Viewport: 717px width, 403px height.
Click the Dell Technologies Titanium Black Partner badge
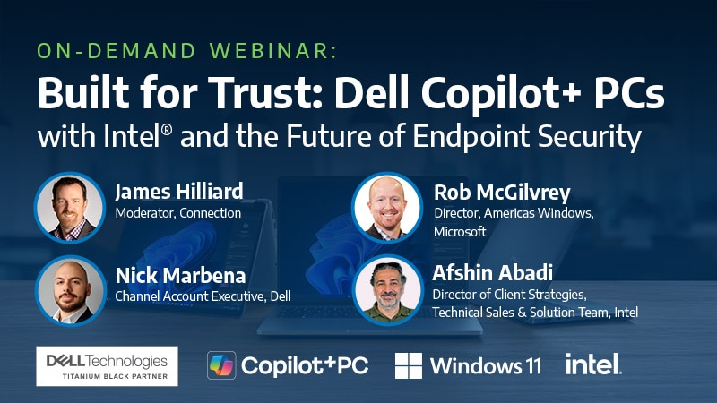[107, 365]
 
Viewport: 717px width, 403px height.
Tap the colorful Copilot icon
[221, 365]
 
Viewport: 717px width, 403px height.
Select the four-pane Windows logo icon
[409, 365]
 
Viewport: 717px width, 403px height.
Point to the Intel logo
[593, 364]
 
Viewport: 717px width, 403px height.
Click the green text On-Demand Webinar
[186, 51]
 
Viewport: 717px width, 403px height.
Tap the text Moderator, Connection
[177, 214]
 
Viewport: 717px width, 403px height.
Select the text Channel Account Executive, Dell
[203, 296]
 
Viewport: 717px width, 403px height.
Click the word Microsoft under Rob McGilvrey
[460, 231]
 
